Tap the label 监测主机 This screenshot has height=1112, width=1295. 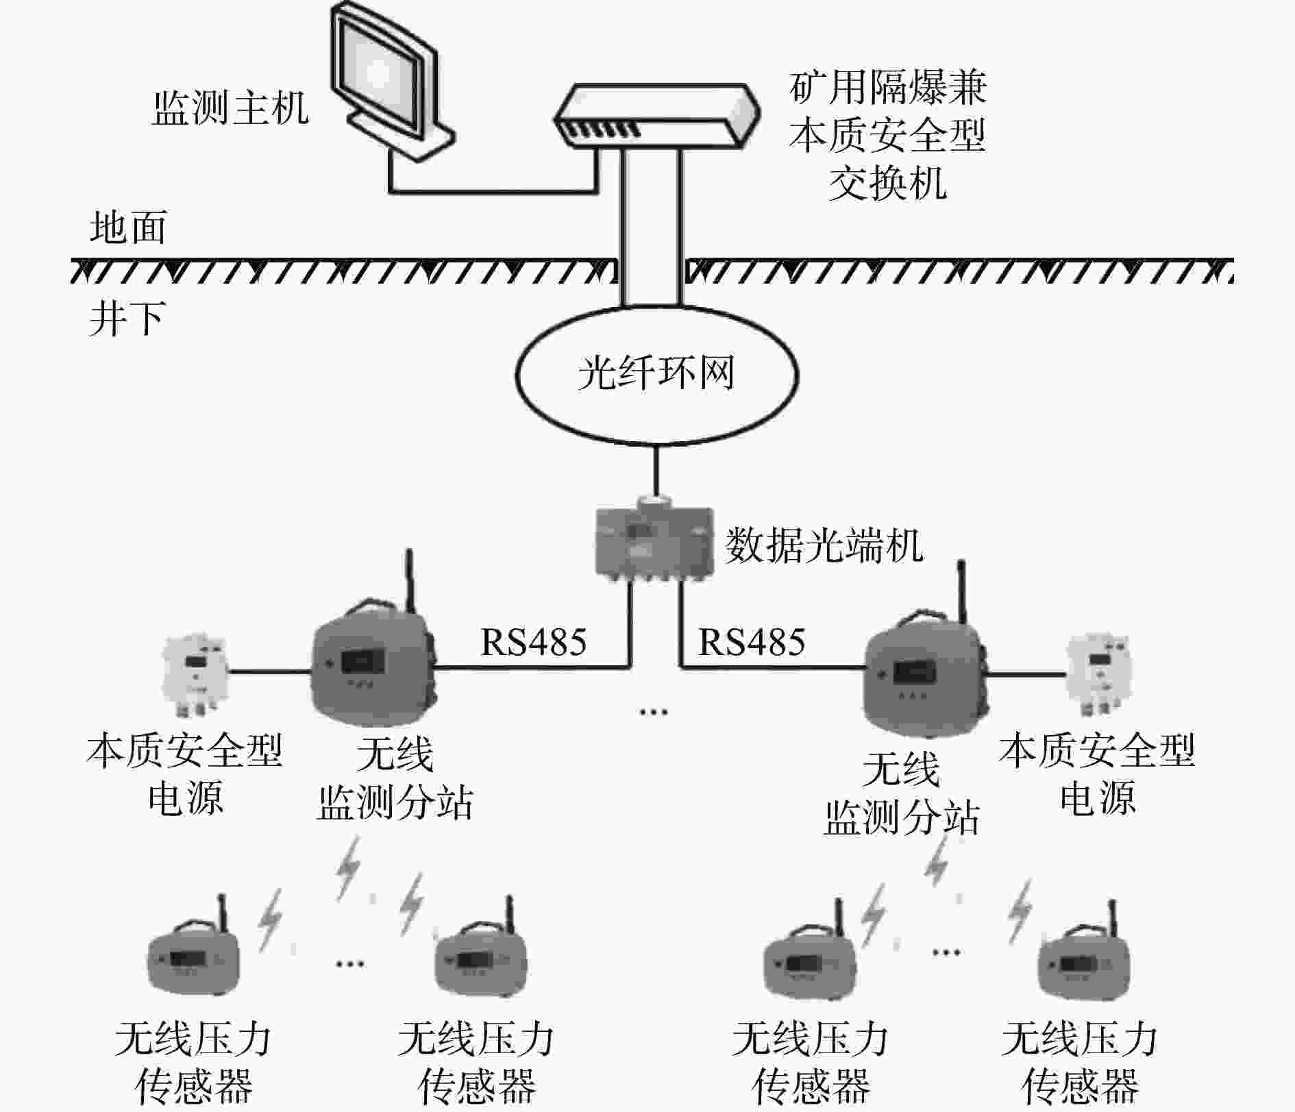click(230, 108)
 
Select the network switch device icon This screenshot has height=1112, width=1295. click(657, 115)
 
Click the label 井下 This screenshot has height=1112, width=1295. click(127, 318)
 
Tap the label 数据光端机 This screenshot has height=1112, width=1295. click(824, 545)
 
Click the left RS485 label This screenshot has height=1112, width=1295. click(534, 642)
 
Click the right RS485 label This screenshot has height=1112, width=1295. click(752, 642)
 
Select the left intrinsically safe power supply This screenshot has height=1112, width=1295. click(194, 674)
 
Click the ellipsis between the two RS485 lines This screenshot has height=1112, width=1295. click(654, 713)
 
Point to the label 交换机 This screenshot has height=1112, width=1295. click(888, 182)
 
